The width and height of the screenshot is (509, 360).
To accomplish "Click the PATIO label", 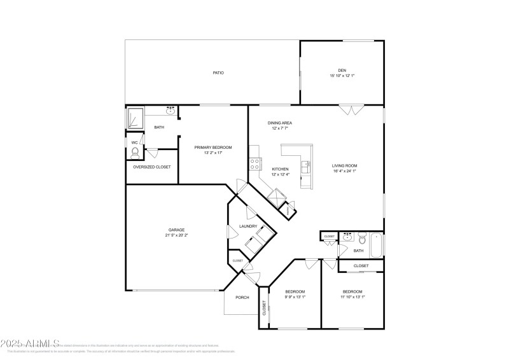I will pos(218,73).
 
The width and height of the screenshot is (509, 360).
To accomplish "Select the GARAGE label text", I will pos(176,230).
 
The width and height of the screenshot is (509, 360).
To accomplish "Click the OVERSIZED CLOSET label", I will pos(151,167).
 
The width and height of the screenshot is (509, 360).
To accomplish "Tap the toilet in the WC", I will pos(135,152).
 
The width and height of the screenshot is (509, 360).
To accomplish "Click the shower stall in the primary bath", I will pos(135,118).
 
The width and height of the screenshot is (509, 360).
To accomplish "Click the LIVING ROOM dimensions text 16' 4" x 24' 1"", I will pos(344,171).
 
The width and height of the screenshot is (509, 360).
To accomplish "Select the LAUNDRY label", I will pos(248,226).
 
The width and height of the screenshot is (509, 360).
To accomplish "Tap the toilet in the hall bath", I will pos(361,240).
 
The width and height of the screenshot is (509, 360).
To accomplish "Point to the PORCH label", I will pos(242,298).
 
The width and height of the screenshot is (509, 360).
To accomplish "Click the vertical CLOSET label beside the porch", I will pos(264,308).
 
